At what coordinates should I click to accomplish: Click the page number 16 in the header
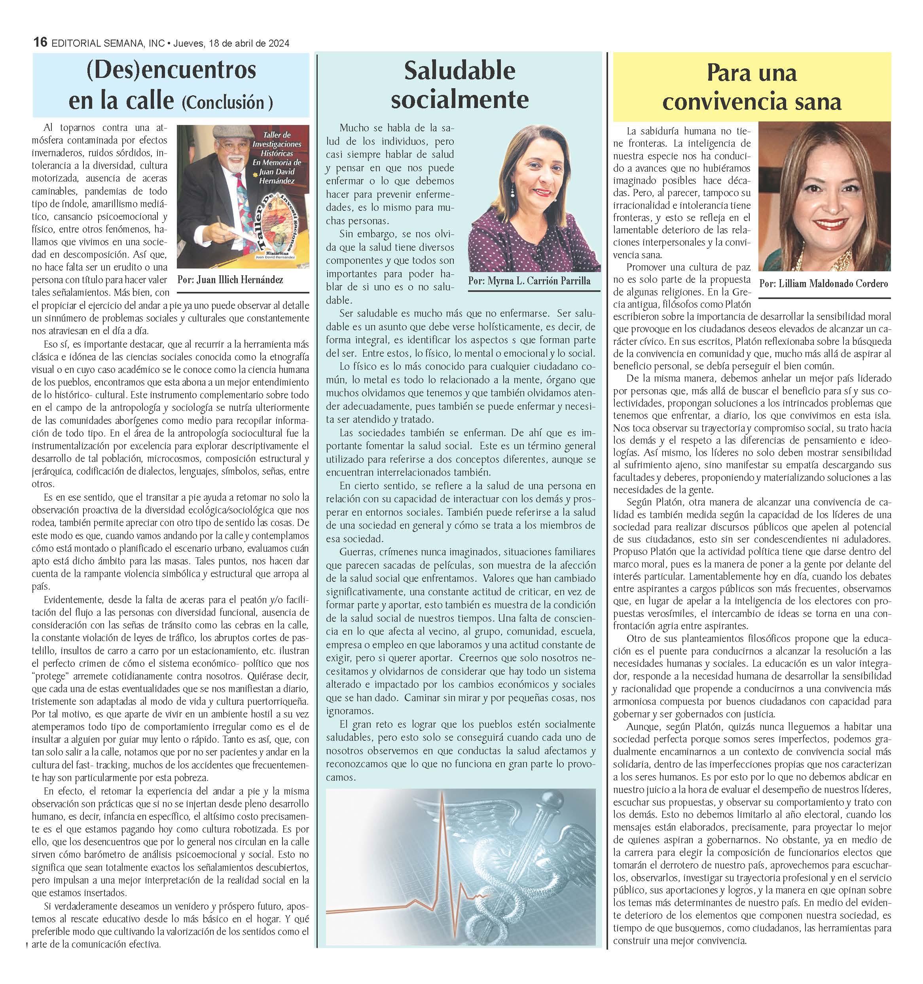pyautogui.click(x=40, y=43)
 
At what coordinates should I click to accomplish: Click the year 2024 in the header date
pyautogui.click(x=278, y=43)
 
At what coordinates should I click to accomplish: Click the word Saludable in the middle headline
pyautogui.click(x=459, y=71)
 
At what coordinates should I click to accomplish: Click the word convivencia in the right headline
pyautogui.click(x=718, y=102)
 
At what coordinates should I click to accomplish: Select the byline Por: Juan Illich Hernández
pyautogui.click(x=230, y=280)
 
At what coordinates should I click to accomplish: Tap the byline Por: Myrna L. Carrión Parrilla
pyautogui.click(x=529, y=281)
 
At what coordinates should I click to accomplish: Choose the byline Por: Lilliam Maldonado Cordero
pyautogui.click(x=823, y=284)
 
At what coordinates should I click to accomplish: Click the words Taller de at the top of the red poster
pyautogui.click(x=277, y=134)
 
